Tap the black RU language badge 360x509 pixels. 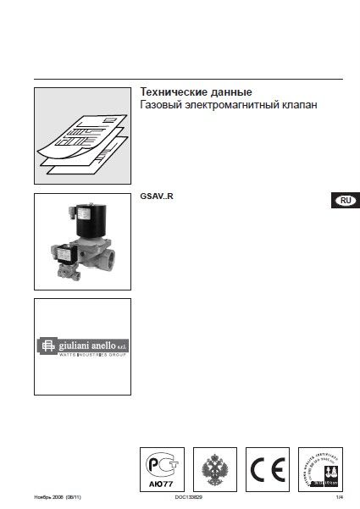(x=344, y=200)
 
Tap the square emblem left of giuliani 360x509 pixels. (x=45, y=346)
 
